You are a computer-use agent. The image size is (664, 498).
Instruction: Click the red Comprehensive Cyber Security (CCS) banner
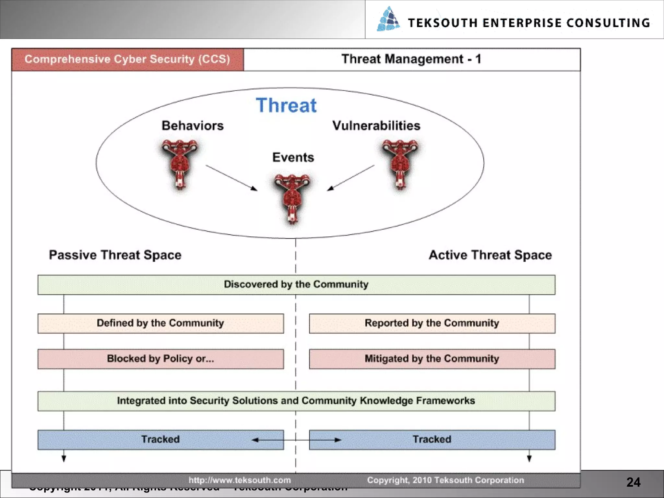click(x=127, y=59)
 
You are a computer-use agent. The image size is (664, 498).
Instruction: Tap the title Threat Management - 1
click(x=411, y=59)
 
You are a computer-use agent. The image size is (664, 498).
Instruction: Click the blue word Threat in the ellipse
click(x=286, y=105)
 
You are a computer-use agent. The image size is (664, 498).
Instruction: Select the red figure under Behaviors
click(x=179, y=164)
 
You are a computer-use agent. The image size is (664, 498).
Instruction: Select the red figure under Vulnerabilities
click(x=400, y=164)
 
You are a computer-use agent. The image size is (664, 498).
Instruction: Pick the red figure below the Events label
click(x=292, y=199)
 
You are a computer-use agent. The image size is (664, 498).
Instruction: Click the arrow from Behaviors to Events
click(x=231, y=178)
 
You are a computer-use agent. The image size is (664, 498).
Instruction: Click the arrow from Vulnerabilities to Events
click(x=350, y=178)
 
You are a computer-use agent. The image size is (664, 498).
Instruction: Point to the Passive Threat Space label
click(x=115, y=255)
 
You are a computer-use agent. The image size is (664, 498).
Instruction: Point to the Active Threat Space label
click(x=490, y=255)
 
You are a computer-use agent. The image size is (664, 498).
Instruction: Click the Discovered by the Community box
click(x=296, y=285)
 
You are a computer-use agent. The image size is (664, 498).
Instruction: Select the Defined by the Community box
click(x=160, y=323)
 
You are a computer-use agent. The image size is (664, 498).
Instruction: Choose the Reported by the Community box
click(x=432, y=323)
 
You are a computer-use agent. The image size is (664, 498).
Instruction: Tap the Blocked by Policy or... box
click(x=160, y=359)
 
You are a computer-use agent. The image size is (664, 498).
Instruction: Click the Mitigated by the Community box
click(x=432, y=359)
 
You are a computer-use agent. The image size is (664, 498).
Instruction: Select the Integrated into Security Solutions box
click(x=296, y=401)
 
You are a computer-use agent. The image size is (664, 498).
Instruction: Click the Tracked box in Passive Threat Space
click(x=160, y=440)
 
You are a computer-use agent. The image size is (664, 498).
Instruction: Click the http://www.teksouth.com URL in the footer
click(x=240, y=480)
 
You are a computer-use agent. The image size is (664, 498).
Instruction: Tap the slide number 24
click(x=633, y=482)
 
